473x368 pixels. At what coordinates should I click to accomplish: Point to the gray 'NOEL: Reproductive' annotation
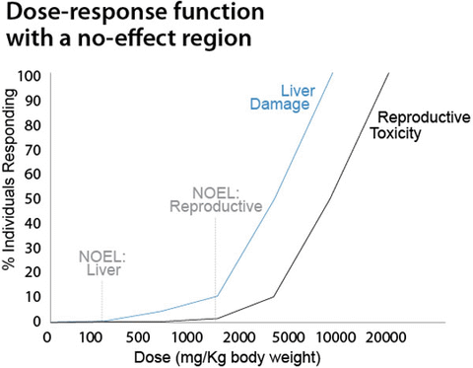tap(215, 198)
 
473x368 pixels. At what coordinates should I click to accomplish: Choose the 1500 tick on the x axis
tap(216, 337)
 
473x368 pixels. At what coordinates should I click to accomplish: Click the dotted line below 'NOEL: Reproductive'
tap(216, 257)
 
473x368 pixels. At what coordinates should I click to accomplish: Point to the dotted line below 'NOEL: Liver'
tap(102, 301)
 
